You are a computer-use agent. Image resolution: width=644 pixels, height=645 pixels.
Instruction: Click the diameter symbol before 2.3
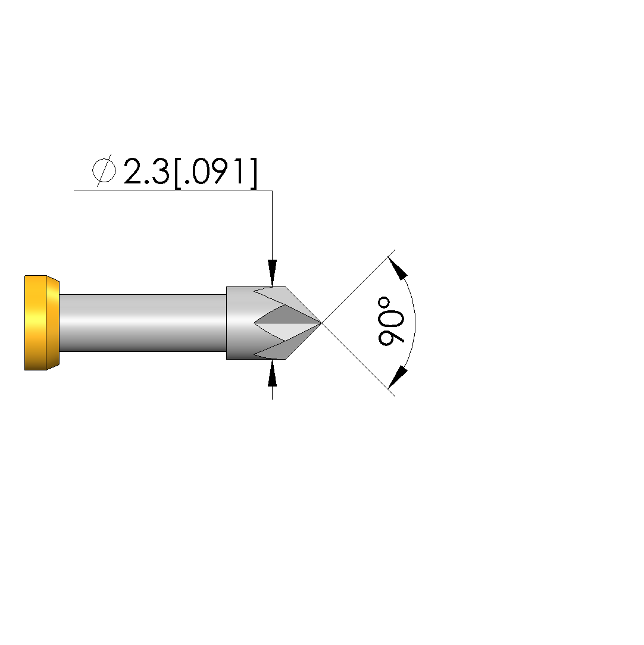coord(104,170)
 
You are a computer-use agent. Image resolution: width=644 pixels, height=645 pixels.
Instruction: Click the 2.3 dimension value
coord(146,171)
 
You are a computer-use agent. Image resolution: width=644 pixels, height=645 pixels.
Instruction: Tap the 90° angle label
coord(391,320)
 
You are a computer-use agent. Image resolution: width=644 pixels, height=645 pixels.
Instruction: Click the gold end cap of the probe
coord(42,323)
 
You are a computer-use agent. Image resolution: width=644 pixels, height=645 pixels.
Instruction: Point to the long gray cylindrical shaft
coord(143,323)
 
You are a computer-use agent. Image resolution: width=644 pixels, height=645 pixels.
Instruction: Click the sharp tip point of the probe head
coord(321,323)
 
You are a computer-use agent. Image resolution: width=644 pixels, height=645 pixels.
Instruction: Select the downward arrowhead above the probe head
coord(272,273)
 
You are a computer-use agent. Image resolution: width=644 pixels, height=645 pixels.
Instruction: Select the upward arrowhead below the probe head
coord(272,373)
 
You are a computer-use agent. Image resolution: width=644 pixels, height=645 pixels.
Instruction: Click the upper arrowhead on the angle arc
coord(398,268)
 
